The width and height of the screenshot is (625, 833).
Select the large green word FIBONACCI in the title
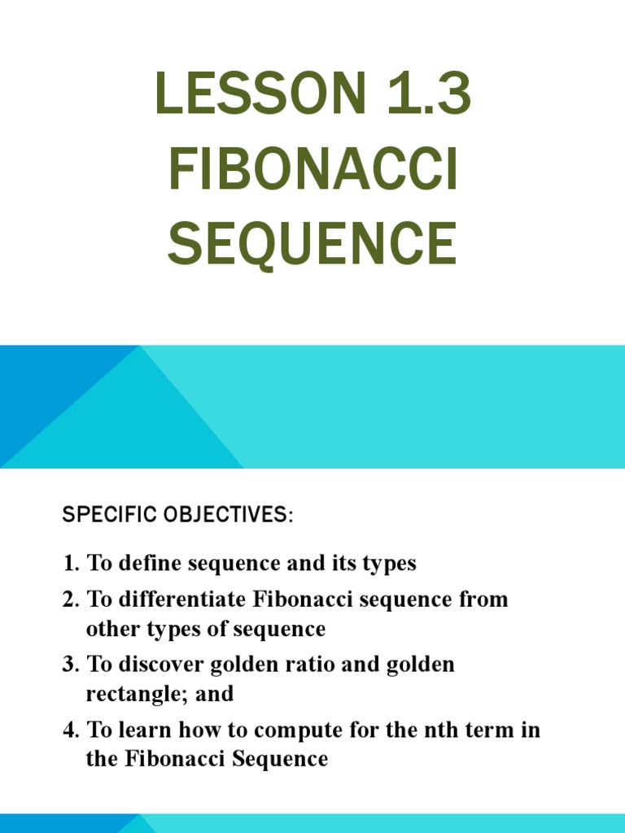click(x=313, y=169)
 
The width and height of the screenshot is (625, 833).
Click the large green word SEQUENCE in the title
click(x=312, y=243)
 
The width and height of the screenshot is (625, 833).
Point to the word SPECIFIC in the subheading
click(x=98, y=516)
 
